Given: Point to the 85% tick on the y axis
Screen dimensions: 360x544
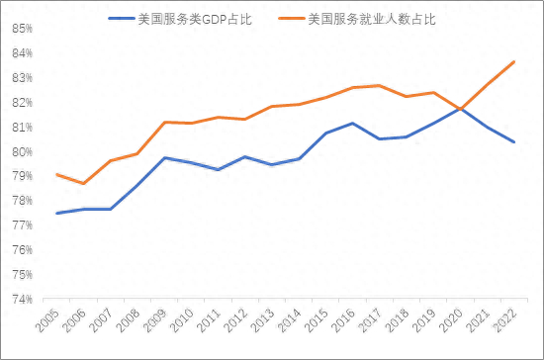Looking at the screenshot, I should tap(25, 28).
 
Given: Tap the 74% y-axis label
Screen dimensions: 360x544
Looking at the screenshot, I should tap(25, 299).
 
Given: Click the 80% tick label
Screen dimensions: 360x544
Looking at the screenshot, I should tap(25, 151).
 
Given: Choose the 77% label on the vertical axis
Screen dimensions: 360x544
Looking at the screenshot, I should tap(25, 225).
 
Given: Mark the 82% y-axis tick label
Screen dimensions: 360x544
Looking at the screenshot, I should tap(25, 102).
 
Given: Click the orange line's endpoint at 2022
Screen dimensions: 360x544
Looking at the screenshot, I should tap(513, 61).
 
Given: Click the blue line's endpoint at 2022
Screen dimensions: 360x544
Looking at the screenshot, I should tap(513, 141).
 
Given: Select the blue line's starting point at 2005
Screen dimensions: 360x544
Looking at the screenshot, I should tap(57, 213).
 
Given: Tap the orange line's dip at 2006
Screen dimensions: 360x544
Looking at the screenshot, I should tap(84, 183).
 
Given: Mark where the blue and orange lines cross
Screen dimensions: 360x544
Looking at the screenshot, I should tap(460, 108).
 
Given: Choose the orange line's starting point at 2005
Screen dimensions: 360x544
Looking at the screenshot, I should tap(57, 174).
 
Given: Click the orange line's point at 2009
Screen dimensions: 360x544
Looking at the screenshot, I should tap(164, 122).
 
